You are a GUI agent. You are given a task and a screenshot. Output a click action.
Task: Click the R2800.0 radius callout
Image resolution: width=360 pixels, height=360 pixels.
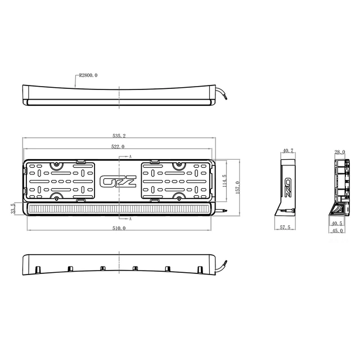[x=88, y=75]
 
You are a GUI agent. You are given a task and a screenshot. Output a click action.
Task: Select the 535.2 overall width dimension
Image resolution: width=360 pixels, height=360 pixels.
[x=119, y=136]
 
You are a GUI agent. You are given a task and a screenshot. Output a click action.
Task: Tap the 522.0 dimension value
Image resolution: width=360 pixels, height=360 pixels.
[x=119, y=146]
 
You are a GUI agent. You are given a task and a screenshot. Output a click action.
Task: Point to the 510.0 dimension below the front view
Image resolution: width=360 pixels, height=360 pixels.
[x=119, y=228]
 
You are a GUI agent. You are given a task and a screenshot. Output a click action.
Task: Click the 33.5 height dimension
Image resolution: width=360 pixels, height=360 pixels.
[x=12, y=209]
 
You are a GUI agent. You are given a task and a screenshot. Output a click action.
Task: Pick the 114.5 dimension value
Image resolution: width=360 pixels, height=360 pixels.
[x=226, y=183]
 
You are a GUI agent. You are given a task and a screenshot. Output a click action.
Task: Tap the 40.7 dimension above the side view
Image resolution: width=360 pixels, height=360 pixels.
[x=288, y=151]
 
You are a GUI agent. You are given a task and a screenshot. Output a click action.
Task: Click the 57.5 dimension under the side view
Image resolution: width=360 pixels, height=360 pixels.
[x=285, y=228]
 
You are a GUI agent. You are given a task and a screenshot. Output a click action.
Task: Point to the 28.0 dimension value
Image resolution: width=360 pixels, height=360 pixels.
[x=340, y=152]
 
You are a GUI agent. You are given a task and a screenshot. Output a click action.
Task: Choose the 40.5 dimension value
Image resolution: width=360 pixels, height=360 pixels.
[x=337, y=223]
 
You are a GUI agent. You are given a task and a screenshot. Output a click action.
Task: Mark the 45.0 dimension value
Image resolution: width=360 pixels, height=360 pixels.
[x=337, y=230]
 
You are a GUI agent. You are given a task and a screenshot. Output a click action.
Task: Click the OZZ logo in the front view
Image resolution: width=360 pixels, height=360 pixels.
[x=118, y=182]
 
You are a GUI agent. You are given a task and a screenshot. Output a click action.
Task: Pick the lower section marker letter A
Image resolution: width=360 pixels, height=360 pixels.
[x=130, y=218]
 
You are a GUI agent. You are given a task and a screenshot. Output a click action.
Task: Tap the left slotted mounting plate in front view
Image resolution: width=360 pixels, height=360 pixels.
[x=61, y=182]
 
